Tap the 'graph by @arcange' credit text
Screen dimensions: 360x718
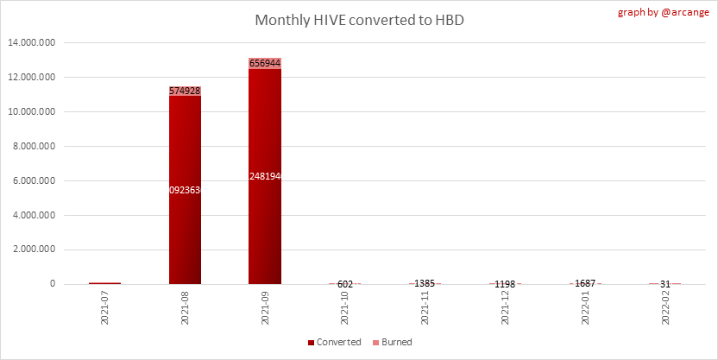click(x=666, y=13)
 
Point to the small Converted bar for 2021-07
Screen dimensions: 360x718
click(x=104, y=282)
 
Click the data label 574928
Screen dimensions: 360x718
click(x=185, y=91)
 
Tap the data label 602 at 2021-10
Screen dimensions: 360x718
click(x=344, y=284)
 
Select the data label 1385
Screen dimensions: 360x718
click(x=425, y=284)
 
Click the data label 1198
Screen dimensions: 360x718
click(x=505, y=284)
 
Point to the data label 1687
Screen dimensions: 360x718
click(x=584, y=284)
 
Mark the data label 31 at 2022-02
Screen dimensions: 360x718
click(x=664, y=284)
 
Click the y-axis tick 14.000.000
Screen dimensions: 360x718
click(x=31, y=43)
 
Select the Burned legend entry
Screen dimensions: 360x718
click(x=392, y=343)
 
